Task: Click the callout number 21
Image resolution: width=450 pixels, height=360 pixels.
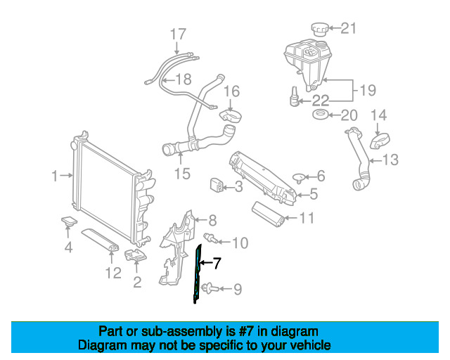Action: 349,29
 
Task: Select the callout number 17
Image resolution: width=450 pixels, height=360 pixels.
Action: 178,34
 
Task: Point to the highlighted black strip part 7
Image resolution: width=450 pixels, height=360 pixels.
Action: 197,274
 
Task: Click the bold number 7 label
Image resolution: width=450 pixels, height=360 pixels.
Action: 217,264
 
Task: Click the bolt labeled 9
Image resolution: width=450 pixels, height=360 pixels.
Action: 211,288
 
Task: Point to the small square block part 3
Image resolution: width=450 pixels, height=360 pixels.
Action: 217,186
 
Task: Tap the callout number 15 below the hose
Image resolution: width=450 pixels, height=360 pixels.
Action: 182,173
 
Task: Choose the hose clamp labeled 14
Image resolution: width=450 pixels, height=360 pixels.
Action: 379,139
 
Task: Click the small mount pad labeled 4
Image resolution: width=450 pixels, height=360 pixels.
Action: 68,222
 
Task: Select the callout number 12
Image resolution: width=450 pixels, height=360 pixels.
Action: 113,271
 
